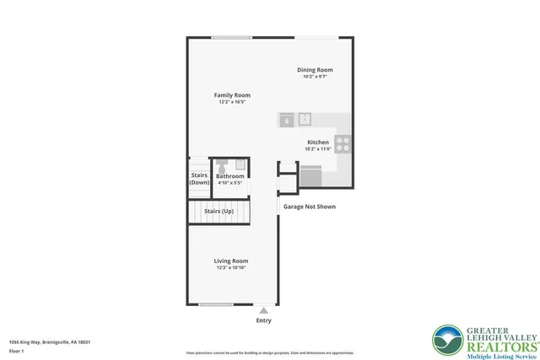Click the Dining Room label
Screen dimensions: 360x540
click(x=314, y=70)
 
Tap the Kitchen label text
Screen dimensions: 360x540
click(x=317, y=142)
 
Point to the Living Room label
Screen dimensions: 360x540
click(x=230, y=261)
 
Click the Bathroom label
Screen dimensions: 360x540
click(x=229, y=176)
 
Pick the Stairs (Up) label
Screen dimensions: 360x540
click(x=219, y=211)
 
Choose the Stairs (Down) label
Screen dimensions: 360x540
click(x=199, y=179)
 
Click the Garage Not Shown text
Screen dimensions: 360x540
click(x=309, y=206)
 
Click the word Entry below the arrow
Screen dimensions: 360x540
click(x=263, y=320)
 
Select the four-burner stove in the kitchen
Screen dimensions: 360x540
click(x=343, y=144)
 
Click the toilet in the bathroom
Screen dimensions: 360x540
click(x=222, y=164)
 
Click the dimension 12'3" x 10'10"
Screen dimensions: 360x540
click(x=230, y=268)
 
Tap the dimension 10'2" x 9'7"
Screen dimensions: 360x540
click(x=314, y=77)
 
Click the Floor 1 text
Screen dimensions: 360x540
click(x=17, y=350)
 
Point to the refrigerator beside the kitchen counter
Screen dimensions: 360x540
click(x=310, y=175)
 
